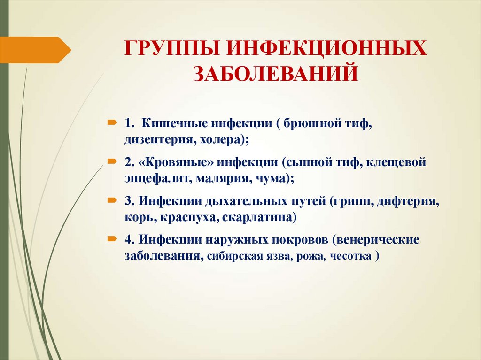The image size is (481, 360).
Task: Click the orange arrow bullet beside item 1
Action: point(113,123)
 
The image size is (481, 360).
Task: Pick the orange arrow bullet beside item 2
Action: point(113,161)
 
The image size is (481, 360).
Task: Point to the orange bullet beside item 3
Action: point(113,200)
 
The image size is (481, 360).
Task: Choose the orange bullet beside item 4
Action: point(113,239)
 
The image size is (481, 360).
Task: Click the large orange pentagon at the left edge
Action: point(35,50)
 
